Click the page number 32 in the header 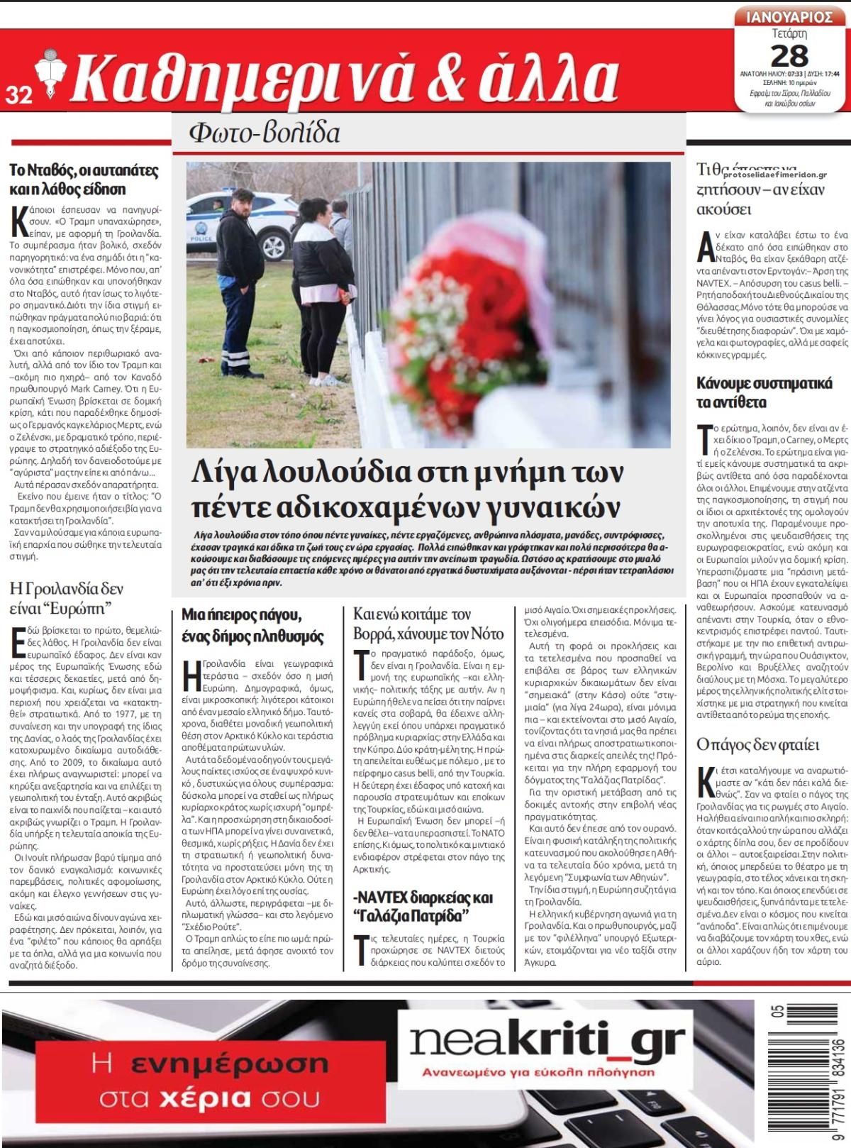pyautogui.click(x=19, y=94)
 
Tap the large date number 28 pyautogui.click(x=789, y=55)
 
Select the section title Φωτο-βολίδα pyautogui.click(x=264, y=133)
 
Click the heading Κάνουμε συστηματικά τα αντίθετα pyautogui.click(x=764, y=393)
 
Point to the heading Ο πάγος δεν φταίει pyautogui.click(x=747, y=745)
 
